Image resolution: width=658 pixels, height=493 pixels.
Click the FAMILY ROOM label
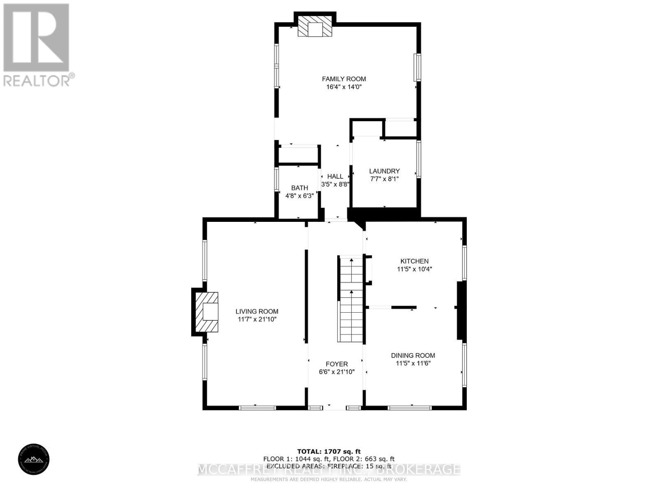344,79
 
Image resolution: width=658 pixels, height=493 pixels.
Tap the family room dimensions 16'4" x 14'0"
344,87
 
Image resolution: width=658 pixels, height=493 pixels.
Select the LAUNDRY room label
384,171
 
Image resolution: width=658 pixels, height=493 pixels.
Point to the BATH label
299,188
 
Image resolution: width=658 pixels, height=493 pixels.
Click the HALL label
335,176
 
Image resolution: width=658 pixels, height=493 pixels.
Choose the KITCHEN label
415,261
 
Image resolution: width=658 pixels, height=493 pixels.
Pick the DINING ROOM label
413,355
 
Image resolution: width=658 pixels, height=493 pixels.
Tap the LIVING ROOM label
257,311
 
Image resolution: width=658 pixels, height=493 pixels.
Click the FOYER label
336,364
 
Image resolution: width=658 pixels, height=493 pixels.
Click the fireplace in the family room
315,27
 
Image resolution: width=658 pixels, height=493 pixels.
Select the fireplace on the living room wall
207,312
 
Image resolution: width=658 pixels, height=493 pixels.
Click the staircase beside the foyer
351,299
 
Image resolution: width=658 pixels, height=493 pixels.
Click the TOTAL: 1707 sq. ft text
329,452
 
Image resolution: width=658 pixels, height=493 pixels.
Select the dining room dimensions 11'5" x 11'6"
413,364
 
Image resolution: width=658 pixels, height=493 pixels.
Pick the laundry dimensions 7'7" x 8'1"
384,179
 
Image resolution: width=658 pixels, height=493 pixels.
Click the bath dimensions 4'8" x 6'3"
299,196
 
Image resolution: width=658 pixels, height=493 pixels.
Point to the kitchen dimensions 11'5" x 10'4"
415,270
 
